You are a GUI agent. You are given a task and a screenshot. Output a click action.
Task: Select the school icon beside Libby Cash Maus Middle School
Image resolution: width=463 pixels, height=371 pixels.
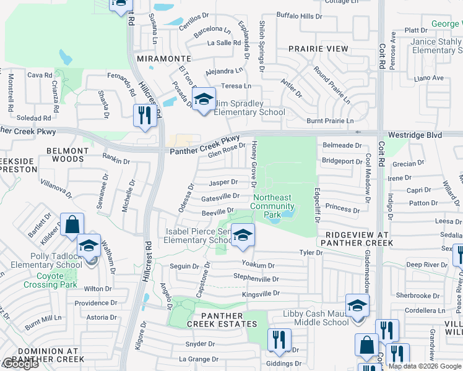tap(357, 306)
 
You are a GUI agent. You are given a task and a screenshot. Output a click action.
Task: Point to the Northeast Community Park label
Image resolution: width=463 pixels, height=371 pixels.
tap(273, 206)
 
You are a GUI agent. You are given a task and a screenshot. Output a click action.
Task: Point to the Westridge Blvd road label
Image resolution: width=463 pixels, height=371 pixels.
tap(417, 134)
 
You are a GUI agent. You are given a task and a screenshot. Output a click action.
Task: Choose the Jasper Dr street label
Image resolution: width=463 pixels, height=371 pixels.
tap(223, 182)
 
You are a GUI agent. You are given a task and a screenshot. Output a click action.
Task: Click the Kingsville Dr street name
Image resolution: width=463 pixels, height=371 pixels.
tap(261, 293)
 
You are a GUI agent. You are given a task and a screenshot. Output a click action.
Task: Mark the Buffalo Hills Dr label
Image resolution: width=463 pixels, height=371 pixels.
tap(299, 15)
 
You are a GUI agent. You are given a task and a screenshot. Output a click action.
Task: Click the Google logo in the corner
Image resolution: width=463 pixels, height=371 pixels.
tap(20, 364)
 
